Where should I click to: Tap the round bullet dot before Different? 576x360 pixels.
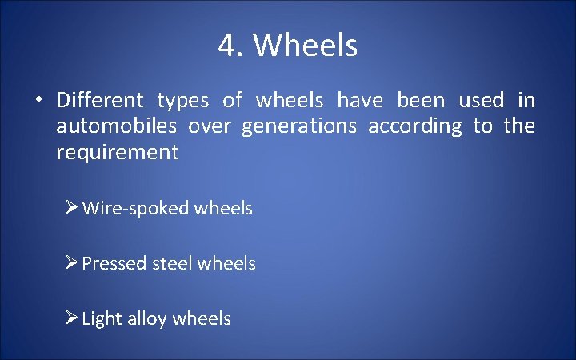[38, 101]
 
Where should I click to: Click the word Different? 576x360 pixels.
[100, 101]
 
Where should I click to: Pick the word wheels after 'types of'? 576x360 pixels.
[290, 101]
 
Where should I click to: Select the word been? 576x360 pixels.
[421, 101]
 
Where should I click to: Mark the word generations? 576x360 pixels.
[298, 127]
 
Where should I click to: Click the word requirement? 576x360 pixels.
[117, 153]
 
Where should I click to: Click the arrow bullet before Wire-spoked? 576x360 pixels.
[71, 208]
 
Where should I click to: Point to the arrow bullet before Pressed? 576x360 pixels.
[71, 263]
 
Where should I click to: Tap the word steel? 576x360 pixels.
[172, 263]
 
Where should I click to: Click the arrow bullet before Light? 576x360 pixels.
[71, 318]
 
